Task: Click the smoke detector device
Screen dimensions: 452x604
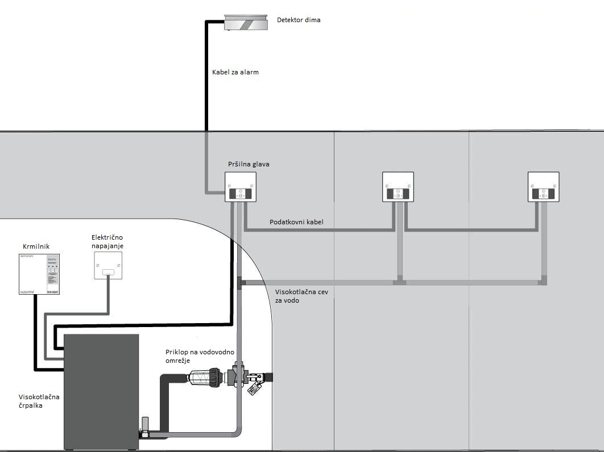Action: (x=245, y=23)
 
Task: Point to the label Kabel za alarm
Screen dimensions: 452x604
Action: (x=235, y=72)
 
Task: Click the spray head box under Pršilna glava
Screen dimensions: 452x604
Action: (x=241, y=187)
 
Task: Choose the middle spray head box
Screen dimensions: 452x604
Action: (x=398, y=187)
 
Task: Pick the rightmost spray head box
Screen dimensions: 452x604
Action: (x=543, y=187)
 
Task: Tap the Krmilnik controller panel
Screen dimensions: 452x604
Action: (x=40, y=273)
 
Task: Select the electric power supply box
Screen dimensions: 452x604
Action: (x=107, y=266)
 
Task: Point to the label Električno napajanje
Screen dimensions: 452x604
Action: (x=107, y=242)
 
